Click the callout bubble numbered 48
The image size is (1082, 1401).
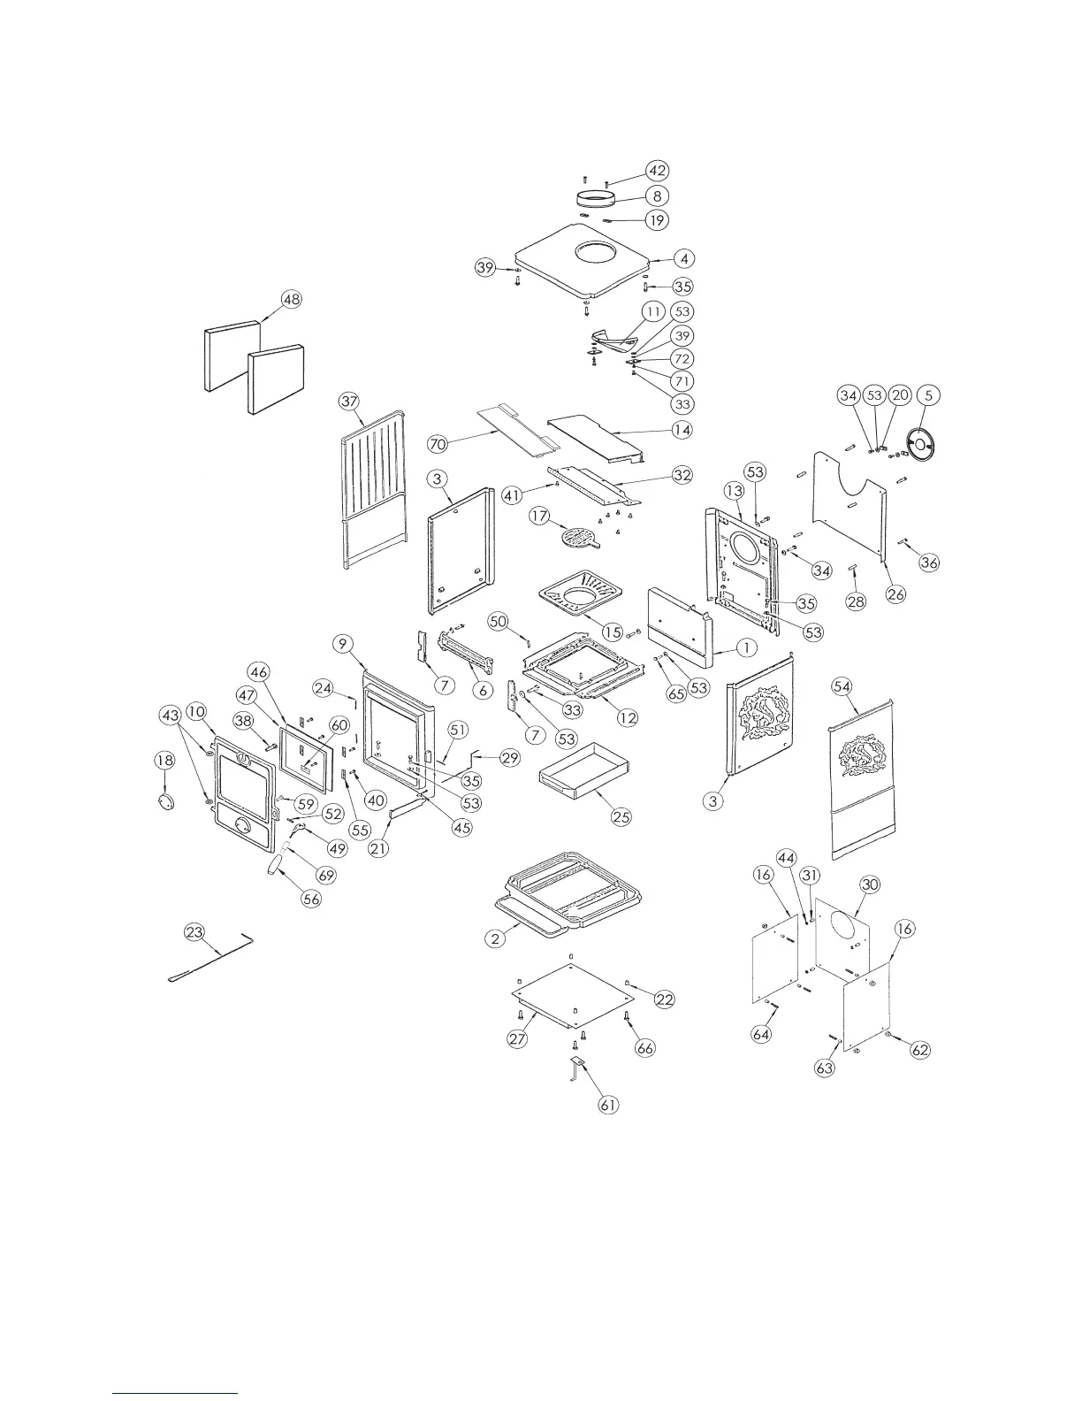[291, 299]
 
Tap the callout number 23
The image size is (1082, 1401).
[194, 931]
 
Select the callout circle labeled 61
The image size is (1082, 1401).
[608, 1105]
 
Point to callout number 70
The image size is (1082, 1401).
[437, 442]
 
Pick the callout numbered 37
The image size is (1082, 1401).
[349, 402]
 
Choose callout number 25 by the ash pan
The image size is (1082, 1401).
[621, 815]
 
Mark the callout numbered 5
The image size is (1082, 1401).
[928, 395]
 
